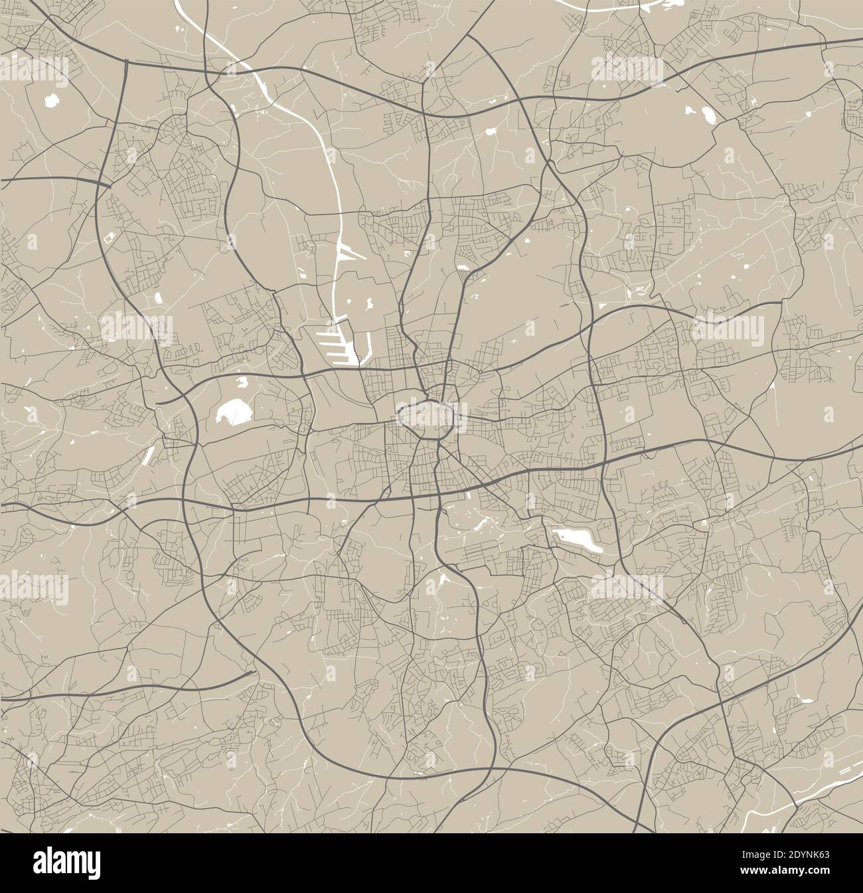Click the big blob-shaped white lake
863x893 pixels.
pos(234,413)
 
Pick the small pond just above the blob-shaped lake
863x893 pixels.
pos(242,382)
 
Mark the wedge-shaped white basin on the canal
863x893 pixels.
pos(347,252)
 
